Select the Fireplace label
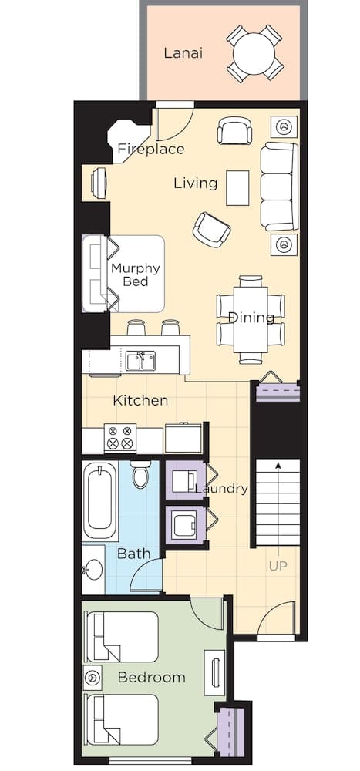150,149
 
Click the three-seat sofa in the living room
278,186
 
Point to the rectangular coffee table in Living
237,187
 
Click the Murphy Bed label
135,274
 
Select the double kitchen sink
140,361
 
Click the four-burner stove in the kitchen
120,438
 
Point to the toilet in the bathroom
140,474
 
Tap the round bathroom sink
93,571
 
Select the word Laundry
221,488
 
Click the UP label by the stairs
278,566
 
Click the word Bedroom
151,678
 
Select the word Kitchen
140,401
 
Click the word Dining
251,318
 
